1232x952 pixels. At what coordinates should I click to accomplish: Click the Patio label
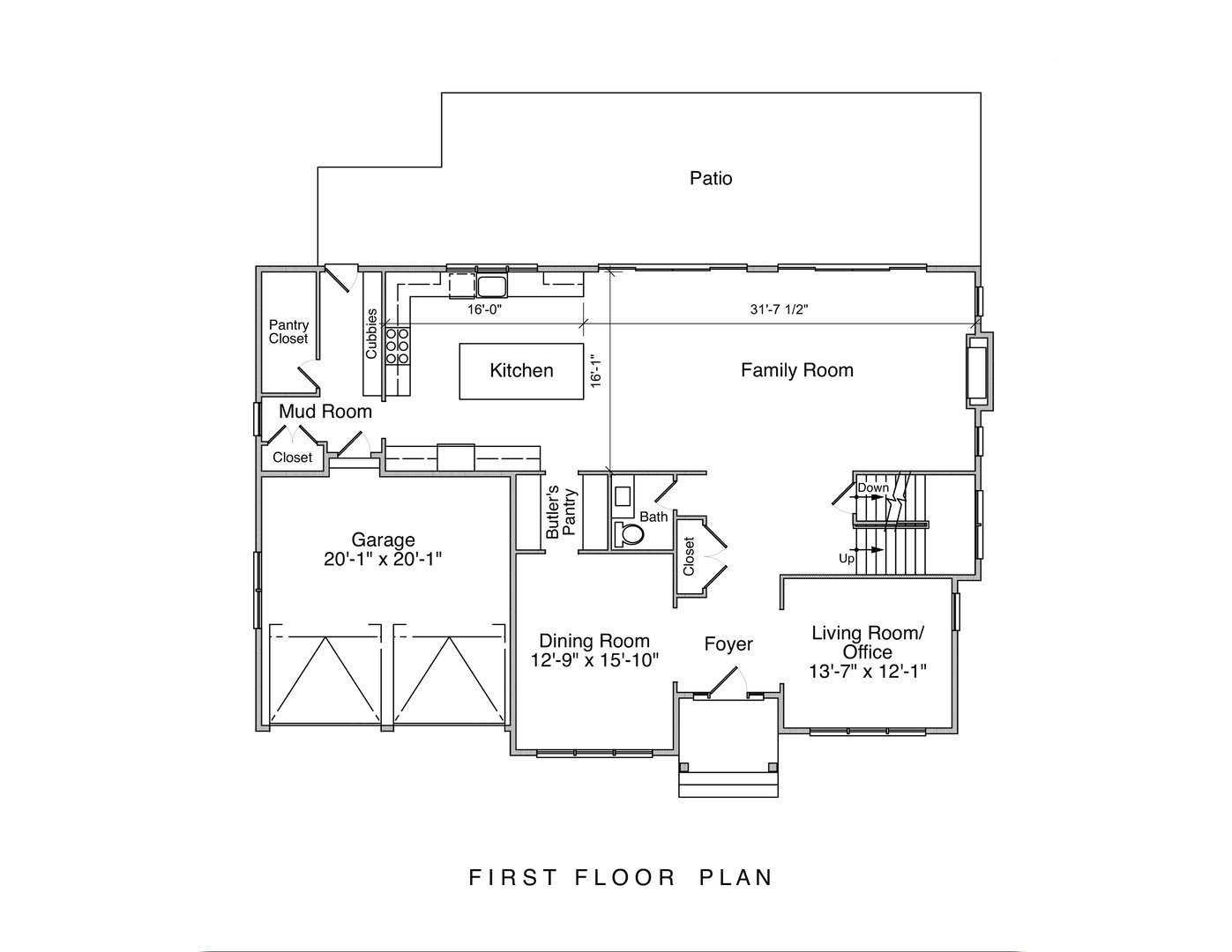click(710, 179)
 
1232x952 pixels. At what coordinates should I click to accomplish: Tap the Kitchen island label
click(521, 371)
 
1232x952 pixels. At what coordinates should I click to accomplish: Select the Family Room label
click(796, 370)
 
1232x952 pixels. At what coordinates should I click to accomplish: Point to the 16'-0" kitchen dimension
click(484, 309)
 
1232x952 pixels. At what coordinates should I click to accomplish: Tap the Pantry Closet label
click(288, 332)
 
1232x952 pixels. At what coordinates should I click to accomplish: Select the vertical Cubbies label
click(372, 333)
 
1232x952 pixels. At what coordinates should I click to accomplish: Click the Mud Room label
click(325, 412)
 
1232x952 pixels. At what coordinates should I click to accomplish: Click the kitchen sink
click(491, 286)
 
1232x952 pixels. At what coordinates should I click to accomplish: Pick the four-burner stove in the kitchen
click(397, 346)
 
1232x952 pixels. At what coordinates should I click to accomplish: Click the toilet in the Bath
click(631, 533)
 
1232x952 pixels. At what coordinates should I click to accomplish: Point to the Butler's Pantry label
click(560, 512)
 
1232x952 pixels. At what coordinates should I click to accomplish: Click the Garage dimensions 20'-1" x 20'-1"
click(383, 558)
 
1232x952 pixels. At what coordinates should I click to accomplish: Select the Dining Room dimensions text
click(594, 660)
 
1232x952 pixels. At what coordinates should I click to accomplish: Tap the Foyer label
click(728, 644)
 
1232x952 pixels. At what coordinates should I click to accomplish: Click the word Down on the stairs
click(873, 487)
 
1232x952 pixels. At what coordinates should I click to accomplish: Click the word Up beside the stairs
click(846, 559)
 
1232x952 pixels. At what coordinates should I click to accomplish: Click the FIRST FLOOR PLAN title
click(621, 878)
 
